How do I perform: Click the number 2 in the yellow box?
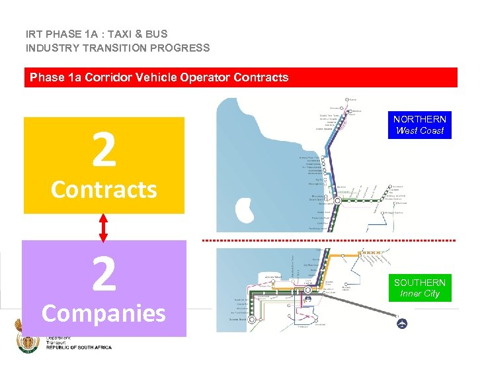point(104,151)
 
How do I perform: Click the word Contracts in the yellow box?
point(104,190)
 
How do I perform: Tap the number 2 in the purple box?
point(104,274)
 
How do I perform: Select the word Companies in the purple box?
point(104,313)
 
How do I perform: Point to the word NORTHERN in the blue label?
point(419,119)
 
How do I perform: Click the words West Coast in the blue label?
point(419,130)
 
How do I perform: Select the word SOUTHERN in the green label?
point(419,283)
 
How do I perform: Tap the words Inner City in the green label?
point(419,294)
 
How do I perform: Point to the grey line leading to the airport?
point(357,304)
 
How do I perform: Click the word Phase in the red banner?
point(46,77)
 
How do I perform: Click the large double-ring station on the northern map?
point(333,187)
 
